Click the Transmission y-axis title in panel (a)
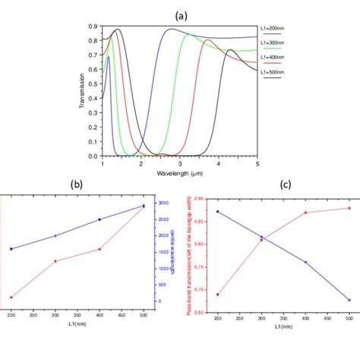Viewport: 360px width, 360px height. click(82, 92)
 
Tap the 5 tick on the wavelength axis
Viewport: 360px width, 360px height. click(257, 163)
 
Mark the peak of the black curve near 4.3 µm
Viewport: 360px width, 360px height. click(230, 50)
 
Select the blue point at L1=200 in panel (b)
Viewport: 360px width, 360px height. click(11, 248)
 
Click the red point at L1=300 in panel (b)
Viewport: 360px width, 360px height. click(55, 261)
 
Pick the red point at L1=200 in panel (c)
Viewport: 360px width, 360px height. click(217, 294)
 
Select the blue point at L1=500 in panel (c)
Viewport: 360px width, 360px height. click(349, 299)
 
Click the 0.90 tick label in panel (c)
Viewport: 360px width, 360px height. click(201, 199)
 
